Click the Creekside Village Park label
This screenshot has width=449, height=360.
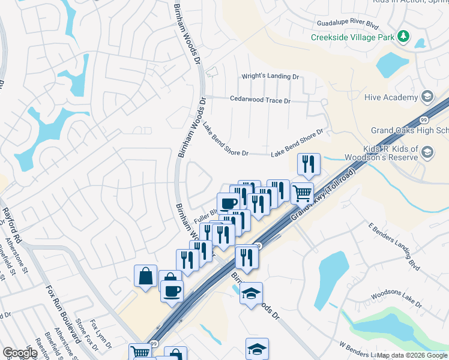click(x=352, y=37)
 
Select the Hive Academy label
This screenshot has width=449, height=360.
click(x=391, y=97)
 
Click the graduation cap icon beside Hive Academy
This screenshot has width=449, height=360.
click(x=427, y=97)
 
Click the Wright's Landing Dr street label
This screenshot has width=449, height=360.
click(x=270, y=77)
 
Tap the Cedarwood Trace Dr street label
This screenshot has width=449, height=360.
click(x=260, y=100)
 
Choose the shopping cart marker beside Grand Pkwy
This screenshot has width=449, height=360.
click(x=302, y=193)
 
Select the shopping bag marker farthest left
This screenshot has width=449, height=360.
click(x=145, y=277)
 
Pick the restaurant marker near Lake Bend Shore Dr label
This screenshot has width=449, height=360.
click(x=309, y=164)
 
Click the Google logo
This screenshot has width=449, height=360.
click(x=19, y=353)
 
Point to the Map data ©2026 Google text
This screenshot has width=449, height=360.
click(x=412, y=355)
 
